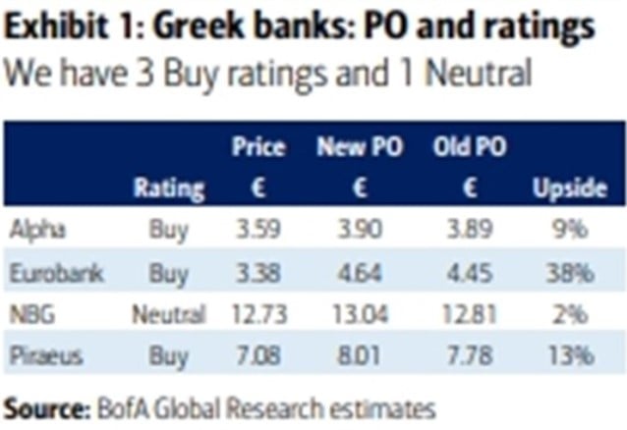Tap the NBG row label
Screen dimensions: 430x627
(28, 315)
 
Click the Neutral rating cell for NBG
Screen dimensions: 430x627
(168, 315)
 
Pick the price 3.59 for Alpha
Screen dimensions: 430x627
(258, 230)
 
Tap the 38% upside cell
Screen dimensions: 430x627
(569, 272)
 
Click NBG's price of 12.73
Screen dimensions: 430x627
(258, 315)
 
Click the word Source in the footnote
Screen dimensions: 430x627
(45, 403)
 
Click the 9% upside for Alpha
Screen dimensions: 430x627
(569, 230)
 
